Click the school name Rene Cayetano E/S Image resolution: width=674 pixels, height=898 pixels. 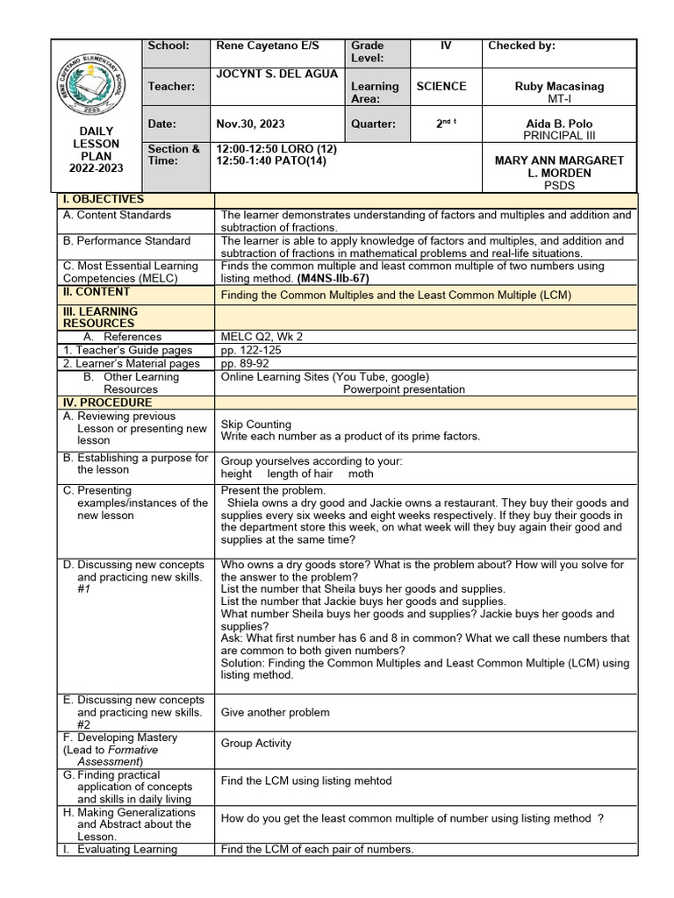pos(267,46)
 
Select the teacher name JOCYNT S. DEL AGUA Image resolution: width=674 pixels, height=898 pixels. pos(276,74)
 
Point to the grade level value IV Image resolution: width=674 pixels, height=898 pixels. pos(445,46)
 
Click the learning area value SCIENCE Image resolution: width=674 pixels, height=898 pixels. pos(441,86)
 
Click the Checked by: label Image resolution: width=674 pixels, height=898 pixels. pos(521,46)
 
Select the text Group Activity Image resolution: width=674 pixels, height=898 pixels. pos(255,744)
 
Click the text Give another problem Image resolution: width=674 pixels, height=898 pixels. pos(275,713)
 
